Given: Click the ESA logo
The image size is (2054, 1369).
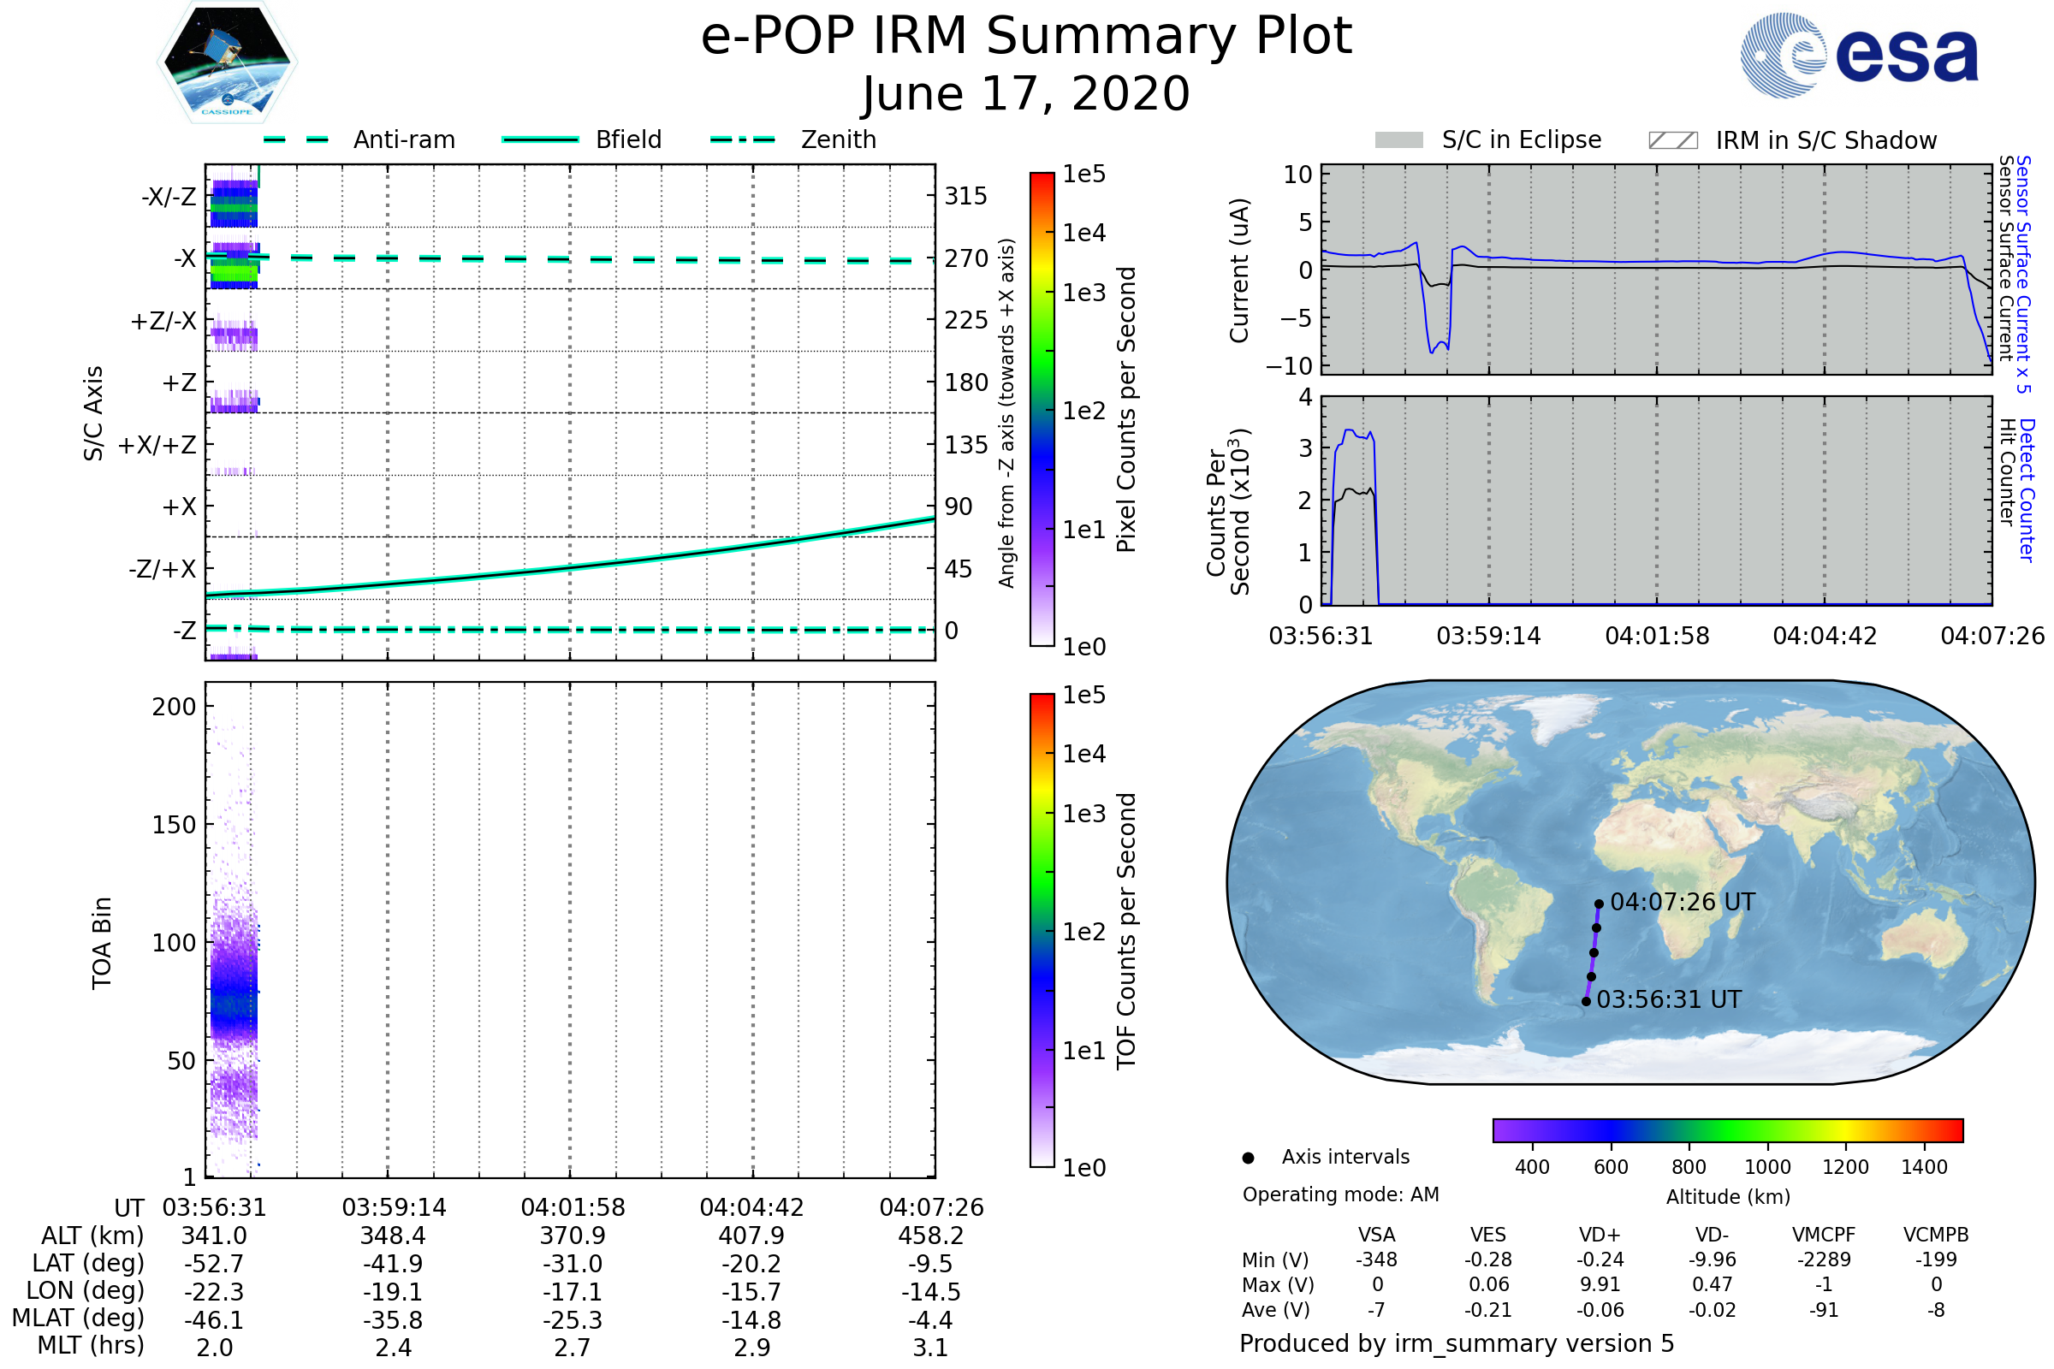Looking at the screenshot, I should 1859,55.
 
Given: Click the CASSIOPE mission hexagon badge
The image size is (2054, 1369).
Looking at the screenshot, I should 227,62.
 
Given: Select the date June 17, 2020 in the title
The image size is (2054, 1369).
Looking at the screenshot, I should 1026,93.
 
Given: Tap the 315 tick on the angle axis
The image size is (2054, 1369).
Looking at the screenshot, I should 965,197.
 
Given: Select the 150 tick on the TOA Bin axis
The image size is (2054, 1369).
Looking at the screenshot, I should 174,824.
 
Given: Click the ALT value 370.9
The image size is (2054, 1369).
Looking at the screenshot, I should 572,1236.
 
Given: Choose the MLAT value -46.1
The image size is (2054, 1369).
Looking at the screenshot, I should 214,1319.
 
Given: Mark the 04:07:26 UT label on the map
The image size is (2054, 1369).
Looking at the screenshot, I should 1682,902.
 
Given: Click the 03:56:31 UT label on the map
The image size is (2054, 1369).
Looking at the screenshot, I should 1668,999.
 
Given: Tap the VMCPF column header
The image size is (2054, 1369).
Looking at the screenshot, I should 1824,1235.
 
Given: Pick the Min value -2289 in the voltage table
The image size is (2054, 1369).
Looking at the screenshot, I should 1824,1259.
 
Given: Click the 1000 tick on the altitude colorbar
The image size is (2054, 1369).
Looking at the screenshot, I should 1766,1167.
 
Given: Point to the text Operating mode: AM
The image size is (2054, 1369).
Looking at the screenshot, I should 1340,1194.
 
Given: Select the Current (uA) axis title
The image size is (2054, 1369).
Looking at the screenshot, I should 1239,270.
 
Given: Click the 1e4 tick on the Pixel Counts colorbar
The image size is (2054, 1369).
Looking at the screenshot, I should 1083,233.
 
